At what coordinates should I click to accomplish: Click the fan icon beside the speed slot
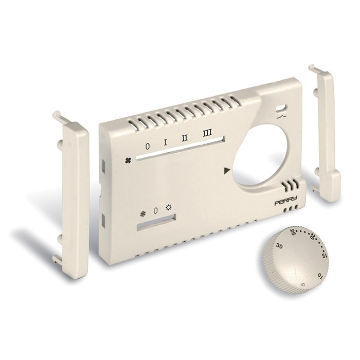pos(128,160)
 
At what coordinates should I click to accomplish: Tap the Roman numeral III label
pos(207,133)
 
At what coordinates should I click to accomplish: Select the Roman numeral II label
pos(185,138)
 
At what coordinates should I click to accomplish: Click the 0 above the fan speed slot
pos(148,146)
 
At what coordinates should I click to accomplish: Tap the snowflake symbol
pos(143,214)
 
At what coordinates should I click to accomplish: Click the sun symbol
pos(169,208)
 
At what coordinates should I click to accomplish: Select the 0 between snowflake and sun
pos(156,211)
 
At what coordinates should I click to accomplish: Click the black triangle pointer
pos(227,171)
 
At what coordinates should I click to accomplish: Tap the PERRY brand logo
pos(286,201)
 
